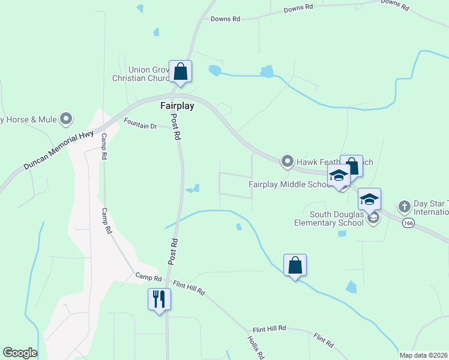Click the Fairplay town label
tap(178, 106)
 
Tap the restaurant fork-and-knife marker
tap(159, 298)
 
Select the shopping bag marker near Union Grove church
tap(180, 71)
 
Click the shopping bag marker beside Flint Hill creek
tap(295, 265)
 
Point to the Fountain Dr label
tap(140, 126)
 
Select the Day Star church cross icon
tap(404, 206)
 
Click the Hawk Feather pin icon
tap(288, 161)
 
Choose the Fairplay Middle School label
tap(291, 184)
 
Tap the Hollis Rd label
tap(255, 346)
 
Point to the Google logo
tap(20, 353)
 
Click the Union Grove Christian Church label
tap(140, 74)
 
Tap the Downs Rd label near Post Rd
tap(225, 19)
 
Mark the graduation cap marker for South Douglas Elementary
tap(370, 199)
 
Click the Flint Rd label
tap(324, 340)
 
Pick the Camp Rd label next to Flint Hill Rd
tap(148, 277)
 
